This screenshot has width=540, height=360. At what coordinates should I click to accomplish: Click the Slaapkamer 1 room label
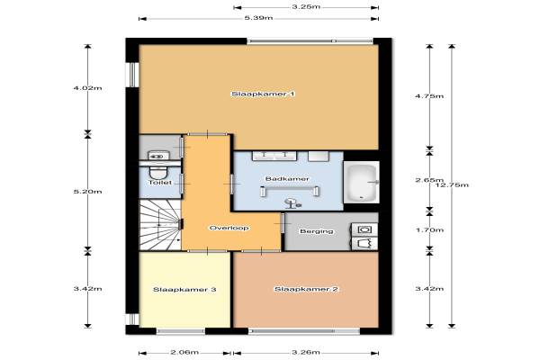coord(263,94)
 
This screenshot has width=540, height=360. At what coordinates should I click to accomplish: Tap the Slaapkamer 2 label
coord(306,289)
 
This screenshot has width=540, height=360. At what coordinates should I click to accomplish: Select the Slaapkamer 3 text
coord(184,290)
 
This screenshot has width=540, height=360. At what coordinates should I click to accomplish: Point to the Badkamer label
coord(287,179)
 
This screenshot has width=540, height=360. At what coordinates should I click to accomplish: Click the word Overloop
coord(229,228)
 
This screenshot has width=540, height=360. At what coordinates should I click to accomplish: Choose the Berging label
coord(317,231)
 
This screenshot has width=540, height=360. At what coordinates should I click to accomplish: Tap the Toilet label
coord(160,182)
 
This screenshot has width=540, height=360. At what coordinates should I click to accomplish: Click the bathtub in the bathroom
coord(362,182)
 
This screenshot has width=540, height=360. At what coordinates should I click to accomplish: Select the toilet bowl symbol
coord(158,171)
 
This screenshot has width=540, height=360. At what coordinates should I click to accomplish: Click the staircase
coord(160,226)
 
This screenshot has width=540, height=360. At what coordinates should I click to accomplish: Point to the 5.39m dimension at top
coord(258,18)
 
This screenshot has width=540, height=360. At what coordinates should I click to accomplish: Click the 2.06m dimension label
coord(184,352)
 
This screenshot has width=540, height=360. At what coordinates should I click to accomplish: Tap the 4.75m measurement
coord(429,96)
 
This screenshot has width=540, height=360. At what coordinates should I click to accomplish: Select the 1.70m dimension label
coord(429,229)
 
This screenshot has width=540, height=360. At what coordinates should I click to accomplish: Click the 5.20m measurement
coord(88,192)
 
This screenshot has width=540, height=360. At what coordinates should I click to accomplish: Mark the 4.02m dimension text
coord(88,88)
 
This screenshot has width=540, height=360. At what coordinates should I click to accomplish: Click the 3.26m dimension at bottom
coord(306,352)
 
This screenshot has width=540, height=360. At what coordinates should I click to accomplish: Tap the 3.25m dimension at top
coord(306,6)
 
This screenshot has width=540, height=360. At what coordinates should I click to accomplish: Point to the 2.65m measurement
coord(429,180)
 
